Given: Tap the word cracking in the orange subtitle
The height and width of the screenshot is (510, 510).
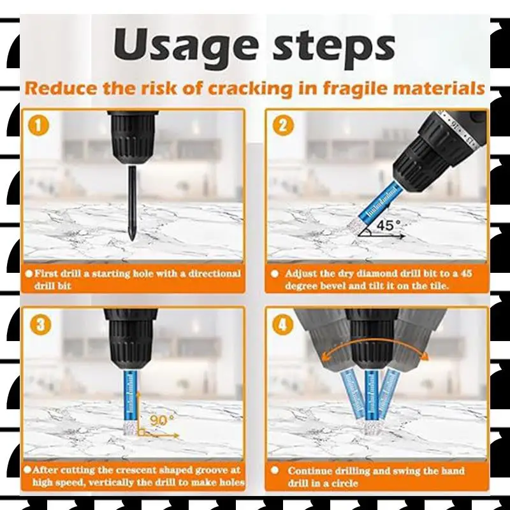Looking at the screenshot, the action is (251, 89).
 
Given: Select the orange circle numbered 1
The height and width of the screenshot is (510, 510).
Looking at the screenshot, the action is (39, 126).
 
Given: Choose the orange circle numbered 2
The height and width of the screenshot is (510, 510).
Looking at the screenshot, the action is (283, 126).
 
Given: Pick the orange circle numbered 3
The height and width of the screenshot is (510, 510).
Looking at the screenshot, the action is (40, 324).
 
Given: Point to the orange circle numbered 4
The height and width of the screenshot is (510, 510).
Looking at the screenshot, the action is (282, 324).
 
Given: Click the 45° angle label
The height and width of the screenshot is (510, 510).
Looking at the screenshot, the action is (388, 225).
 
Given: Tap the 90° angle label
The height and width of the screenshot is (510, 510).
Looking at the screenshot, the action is (162, 420).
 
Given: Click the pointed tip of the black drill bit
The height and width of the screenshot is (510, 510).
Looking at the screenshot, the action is (132, 240).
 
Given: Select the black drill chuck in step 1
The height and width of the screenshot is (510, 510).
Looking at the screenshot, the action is (133, 137).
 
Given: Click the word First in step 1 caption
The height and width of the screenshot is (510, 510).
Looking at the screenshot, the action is (46, 273).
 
